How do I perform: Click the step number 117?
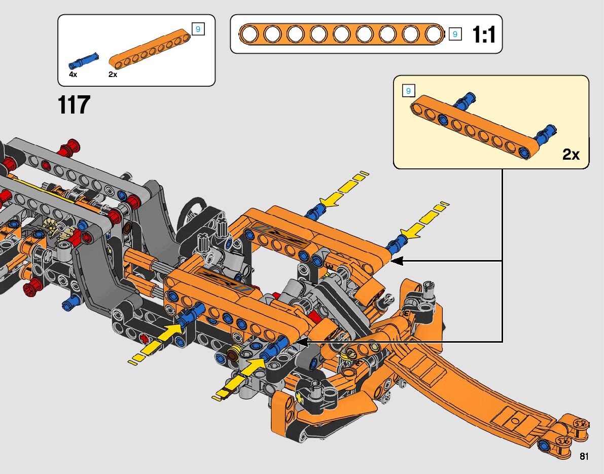(74, 105)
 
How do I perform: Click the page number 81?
(584, 456)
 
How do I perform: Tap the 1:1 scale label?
(484, 34)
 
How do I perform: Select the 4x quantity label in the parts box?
(73, 75)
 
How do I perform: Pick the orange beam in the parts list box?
(150, 49)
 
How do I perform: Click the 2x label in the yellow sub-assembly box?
(571, 155)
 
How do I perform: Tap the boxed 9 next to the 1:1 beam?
(455, 34)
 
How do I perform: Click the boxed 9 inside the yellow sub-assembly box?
(408, 91)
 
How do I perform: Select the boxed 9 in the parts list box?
(198, 29)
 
